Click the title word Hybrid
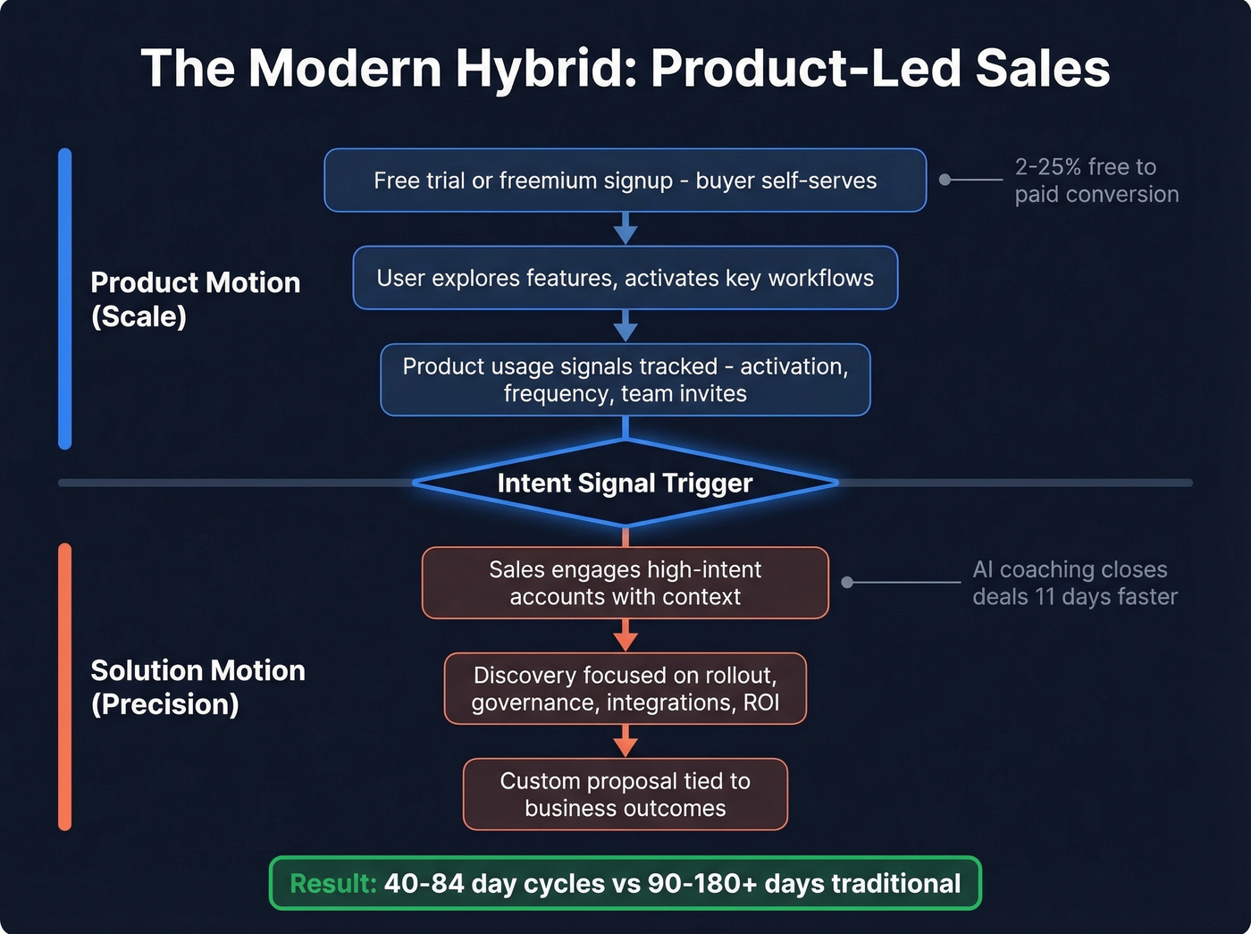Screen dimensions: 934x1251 [x=544, y=69]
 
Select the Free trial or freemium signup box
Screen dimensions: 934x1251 [x=625, y=181]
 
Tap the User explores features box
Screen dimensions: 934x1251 [x=625, y=278]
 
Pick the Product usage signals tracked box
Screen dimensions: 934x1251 [x=625, y=380]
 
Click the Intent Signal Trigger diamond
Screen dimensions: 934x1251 [x=625, y=484]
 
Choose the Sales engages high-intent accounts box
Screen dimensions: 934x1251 [x=625, y=583]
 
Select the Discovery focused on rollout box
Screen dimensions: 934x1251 [x=625, y=688]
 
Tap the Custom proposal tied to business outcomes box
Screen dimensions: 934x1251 [x=625, y=795]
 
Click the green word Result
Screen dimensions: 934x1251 [x=332, y=884]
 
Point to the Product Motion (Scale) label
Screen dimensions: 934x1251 [x=195, y=299]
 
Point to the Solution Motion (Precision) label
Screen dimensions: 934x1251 [x=197, y=686]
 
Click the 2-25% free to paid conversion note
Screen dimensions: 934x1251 [x=1096, y=181]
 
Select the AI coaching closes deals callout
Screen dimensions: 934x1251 [x=1074, y=583]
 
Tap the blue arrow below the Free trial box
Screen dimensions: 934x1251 [x=625, y=230]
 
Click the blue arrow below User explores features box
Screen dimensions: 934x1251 [x=625, y=327]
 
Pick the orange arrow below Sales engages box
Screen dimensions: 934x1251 [x=625, y=636]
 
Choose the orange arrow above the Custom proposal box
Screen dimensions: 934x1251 [x=625, y=742]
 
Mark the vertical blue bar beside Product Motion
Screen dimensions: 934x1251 [x=64, y=299]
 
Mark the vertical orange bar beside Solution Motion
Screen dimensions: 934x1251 [x=64, y=686]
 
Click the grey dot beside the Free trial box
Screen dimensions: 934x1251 [x=945, y=180]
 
